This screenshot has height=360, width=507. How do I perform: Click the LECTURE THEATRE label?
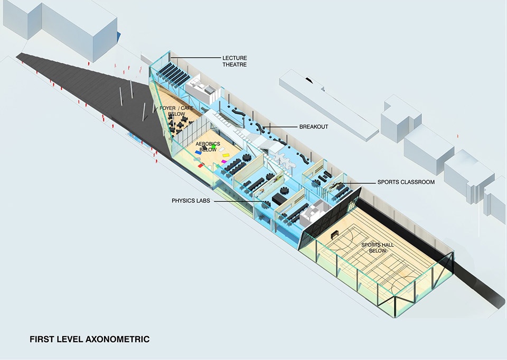pyautogui.click(x=234, y=61)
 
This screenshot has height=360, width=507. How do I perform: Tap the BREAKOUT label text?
pyautogui.click(x=314, y=127)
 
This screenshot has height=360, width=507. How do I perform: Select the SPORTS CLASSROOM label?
pyautogui.click(x=406, y=182)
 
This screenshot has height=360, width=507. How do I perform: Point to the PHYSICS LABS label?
pyautogui.click(x=191, y=201)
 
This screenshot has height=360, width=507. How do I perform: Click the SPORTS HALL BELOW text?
pyautogui.click(x=377, y=247)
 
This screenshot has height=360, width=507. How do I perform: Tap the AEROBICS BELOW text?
pyautogui.click(x=208, y=146)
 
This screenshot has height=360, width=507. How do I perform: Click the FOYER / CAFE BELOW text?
pyautogui.click(x=176, y=111)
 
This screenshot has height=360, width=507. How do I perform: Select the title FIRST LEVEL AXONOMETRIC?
pyautogui.click(x=90, y=339)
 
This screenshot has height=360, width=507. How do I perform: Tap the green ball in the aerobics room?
pyautogui.click(x=213, y=146)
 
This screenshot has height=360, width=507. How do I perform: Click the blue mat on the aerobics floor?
pyautogui.click(x=198, y=152)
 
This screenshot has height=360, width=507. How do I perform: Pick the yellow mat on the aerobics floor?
pyautogui.click(x=226, y=156)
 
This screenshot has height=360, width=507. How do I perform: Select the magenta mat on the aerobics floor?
pyautogui.click(x=224, y=161)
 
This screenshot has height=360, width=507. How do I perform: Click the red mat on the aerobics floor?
pyautogui.click(x=201, y=165)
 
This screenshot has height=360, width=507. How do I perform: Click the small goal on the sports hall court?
pyautogui.click(x=335, y=233)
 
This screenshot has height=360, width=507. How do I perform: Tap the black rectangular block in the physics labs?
pyautogui.click(x=278, y=199)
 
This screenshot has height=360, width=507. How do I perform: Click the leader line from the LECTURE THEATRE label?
pyautogui.click(x=195, y=58)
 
